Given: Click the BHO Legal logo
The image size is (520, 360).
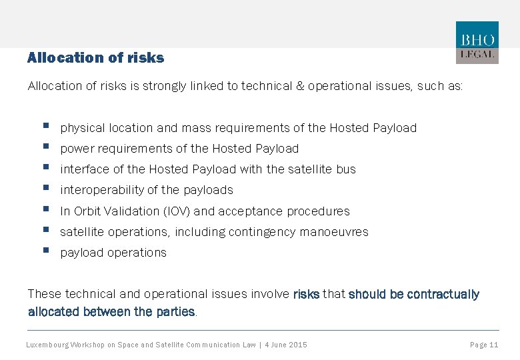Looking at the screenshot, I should pyautogui.click(x=477, y=43).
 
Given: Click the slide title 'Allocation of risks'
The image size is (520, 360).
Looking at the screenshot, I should pyautogui.click(x=95, y=58).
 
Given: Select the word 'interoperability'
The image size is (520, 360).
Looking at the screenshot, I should pyautogui.click(x=101, y=190).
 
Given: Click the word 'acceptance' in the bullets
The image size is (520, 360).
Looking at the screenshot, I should pyautogui.click(x=251, y=211).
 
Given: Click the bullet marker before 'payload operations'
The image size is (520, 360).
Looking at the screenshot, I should pyautogui.click(x=45, y=251).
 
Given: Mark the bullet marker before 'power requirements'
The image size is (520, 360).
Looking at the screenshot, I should pyautogui.click(x=45, y=147).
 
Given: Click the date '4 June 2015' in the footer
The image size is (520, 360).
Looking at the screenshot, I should pyautogui.click(x=285, y=345).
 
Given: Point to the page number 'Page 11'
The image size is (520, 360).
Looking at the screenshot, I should pyautogui.click(x=484, y=345).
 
